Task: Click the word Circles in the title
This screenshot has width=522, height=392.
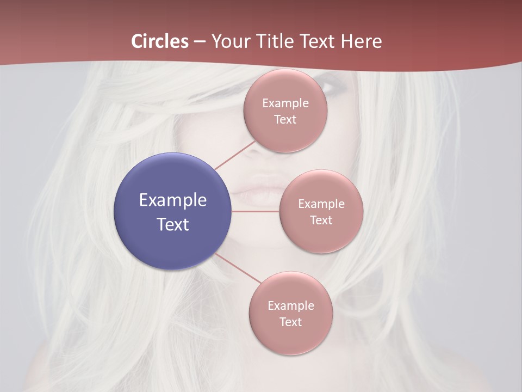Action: [x=160, y=41]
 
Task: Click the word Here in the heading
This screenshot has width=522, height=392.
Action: [x=361, y=41]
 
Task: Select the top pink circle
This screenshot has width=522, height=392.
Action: [x=285, y=131]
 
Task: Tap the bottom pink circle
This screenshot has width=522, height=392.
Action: [x=290, y=338]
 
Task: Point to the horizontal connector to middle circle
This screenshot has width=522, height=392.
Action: [x=256, y=211]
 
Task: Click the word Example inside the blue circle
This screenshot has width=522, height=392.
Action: [x=172, y=200]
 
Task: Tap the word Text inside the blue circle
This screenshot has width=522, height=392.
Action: [x=172, y=224]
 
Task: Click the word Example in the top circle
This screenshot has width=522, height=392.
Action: [x=285, y=103]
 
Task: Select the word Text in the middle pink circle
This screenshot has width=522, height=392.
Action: [x=321, y=220]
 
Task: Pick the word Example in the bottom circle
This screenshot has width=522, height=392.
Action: [x=290, y=305]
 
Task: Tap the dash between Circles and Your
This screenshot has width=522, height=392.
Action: [x=200, y=42]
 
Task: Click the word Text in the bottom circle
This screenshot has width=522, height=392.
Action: [x=290, y=322]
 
